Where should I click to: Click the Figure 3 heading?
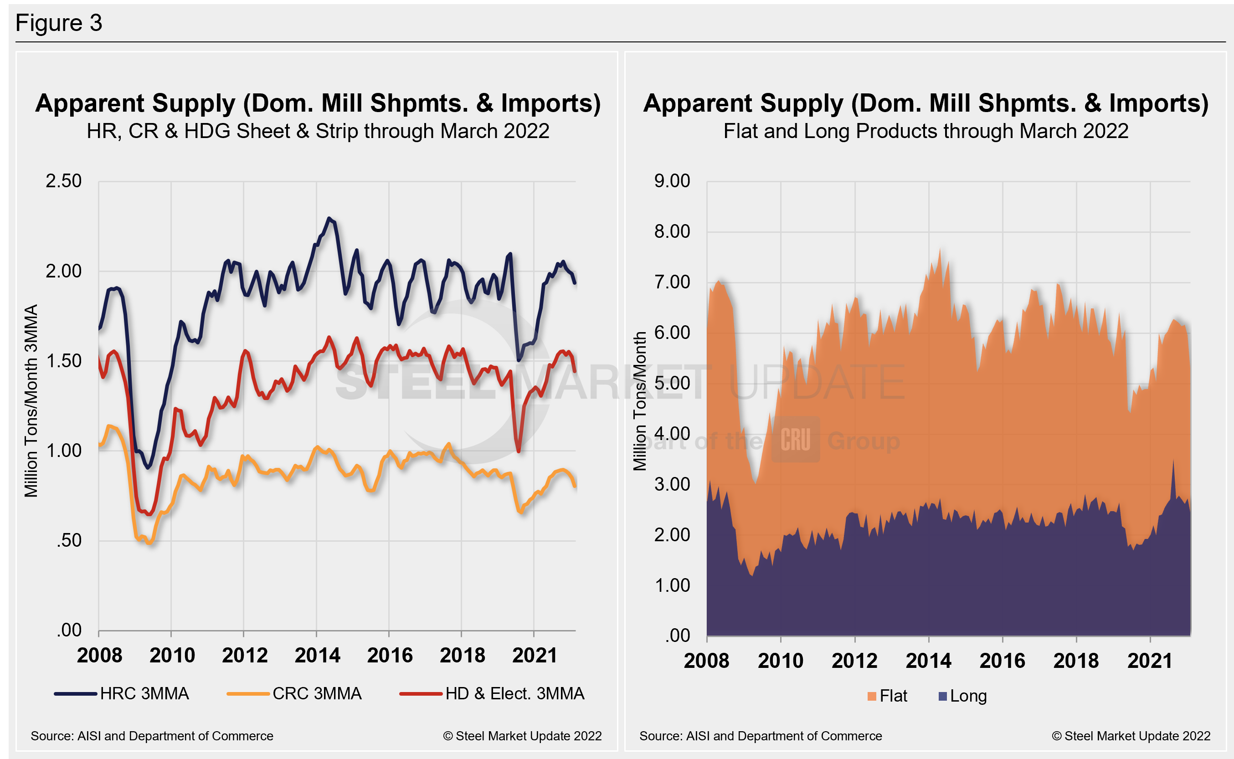coord(59,23)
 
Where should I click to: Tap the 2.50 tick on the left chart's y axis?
coord(63,181)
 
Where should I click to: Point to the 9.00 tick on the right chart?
coord(672,181)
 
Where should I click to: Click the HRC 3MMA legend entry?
coord(122,694)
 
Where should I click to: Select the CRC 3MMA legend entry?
coord(294,694)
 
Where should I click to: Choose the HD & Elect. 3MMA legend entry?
coord(492,694)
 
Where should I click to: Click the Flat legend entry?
coord(887,696)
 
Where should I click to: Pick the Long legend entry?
coord(962,696)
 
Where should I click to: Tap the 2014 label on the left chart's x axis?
coord(317,656)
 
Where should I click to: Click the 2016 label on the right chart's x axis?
coord(1002,661)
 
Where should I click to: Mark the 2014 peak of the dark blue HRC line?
coord(329,218)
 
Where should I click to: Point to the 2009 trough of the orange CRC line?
coord(149,543)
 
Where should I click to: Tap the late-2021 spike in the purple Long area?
coord(1173,461)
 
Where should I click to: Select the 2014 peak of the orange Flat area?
coord(940,250)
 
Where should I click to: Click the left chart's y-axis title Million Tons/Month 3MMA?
coord(31,400)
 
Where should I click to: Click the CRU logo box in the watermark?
coord(795,440)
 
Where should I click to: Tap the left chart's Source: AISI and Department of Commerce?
coord(152,736)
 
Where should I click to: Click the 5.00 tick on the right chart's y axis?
coord(672,384)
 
